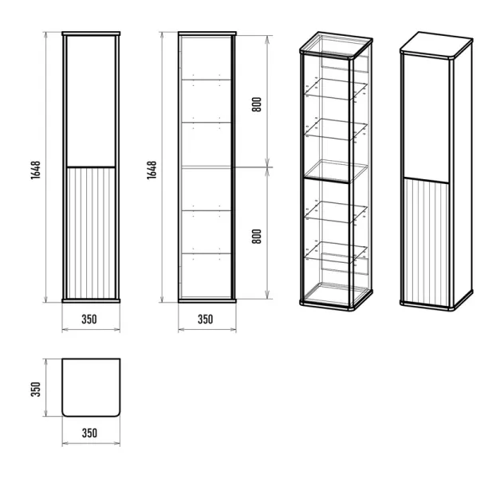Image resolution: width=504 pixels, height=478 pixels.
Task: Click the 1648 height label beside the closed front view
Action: [36, 170]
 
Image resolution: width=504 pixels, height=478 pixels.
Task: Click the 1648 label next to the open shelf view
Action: [152, 170]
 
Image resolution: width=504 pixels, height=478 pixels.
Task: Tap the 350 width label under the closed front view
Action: [89, 319]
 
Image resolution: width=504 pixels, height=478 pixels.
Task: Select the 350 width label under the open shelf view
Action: [205, 319]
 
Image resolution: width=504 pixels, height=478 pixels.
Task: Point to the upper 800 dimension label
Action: [257, 104]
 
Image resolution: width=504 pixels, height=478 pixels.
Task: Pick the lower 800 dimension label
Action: [257, 237]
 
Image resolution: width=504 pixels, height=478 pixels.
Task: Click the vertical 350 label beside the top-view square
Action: [36, 389]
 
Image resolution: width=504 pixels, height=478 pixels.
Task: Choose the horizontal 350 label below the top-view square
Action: [89, 433]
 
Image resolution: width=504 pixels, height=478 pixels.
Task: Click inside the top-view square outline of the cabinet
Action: [91, 387]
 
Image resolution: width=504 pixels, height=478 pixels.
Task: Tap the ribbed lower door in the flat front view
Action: [91, 233]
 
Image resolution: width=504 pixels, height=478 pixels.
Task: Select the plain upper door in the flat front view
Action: [91, 101]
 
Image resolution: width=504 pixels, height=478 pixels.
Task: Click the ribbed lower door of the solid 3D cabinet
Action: [426, 241]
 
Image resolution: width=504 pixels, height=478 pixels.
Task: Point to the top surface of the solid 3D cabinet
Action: [436, 45]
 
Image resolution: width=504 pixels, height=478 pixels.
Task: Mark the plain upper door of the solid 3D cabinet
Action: [426, 118]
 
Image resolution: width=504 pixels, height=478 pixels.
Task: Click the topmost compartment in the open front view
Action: [206, 58]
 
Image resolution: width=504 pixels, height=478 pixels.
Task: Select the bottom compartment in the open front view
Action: [206, 276]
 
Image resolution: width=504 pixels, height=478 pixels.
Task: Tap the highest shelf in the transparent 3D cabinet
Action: [336, 88]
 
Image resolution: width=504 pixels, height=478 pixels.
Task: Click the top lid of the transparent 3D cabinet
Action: [336, 45]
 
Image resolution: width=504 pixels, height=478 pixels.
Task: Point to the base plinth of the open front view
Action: [207, 301]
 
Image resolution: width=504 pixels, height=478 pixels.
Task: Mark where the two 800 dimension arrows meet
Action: [268, 167]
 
